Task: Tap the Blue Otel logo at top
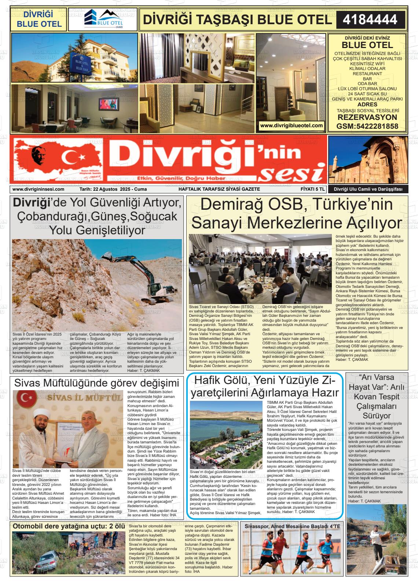[103, 19]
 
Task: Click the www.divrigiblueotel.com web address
[291, 125]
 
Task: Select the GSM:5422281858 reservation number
[367, 127]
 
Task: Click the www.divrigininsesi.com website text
[38, 189]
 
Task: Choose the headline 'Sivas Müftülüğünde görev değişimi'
[96, 383]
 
